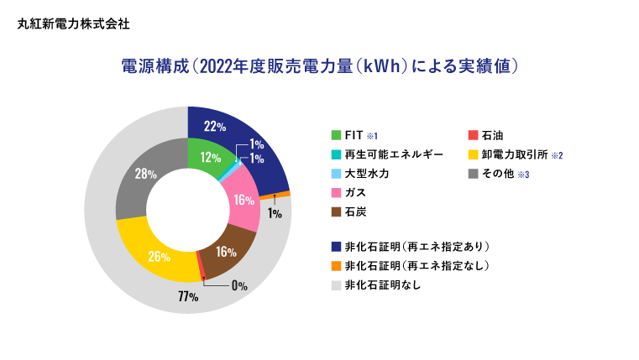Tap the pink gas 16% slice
244,200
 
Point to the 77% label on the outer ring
187,297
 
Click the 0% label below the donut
239,285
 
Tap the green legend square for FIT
336,135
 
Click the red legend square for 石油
473,135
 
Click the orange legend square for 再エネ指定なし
336,266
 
